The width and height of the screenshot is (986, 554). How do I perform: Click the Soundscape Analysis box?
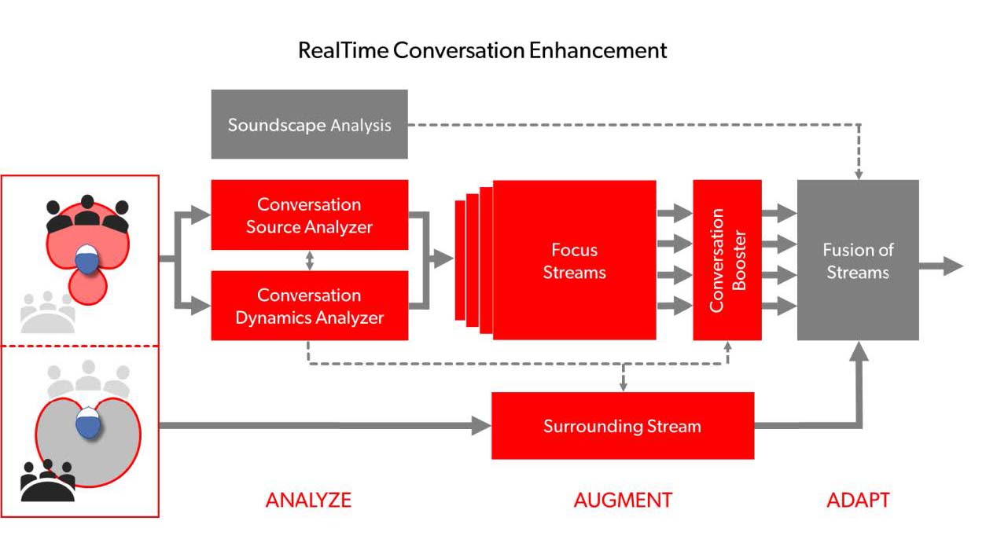(310, 124)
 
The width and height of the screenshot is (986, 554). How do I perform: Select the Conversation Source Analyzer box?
(310, 215)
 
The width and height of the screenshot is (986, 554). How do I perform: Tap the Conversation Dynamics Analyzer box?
(310, 306)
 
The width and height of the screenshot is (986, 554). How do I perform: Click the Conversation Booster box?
(727, 260)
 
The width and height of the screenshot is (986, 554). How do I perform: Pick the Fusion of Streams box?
(858, 260)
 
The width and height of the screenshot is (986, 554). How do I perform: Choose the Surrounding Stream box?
(623, 426)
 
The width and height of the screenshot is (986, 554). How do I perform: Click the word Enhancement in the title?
(598, 50)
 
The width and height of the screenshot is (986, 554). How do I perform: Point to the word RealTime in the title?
(344, 50)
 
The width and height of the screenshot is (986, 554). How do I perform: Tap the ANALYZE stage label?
(308, 501)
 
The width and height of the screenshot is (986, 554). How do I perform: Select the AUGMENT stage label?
(623, 501)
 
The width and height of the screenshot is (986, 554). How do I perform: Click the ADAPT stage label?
(859, 501)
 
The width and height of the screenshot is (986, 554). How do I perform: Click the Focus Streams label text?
(575, 261)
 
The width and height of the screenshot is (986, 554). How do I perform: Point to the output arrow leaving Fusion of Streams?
(941, 266)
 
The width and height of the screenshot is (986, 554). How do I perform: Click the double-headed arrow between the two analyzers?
(310, 261)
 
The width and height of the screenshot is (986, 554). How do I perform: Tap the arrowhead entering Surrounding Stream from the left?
(481, 426)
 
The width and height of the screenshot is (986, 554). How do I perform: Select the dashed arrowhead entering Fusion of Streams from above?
(859, 175)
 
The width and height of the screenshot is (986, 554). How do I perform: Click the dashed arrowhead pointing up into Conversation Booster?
(727, 347)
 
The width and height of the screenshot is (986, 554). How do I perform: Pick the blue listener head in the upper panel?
(87, 259)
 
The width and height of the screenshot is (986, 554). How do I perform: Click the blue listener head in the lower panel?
(88, 423)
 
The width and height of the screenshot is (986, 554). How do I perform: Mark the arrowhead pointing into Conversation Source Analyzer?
(201, 215)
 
